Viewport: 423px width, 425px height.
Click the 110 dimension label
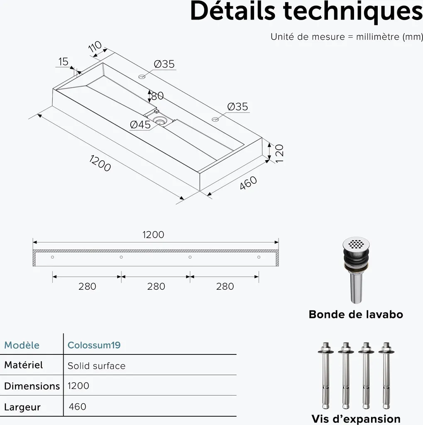95,46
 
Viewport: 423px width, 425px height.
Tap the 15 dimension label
63,62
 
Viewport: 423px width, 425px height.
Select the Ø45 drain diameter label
140,125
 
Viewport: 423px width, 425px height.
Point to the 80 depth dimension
157,96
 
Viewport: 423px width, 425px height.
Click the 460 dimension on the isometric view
248,183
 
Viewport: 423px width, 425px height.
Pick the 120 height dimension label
279,154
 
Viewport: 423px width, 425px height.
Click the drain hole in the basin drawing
159,120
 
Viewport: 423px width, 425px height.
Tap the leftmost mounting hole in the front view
52,257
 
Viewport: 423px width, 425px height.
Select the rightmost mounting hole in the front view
259,257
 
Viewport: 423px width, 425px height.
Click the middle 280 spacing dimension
156,286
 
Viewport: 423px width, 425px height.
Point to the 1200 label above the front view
153,234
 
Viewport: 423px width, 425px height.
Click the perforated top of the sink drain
356,243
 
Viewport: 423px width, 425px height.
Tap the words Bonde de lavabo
356,315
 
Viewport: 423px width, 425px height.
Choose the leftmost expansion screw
325,375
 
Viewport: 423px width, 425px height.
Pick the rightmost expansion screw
386,375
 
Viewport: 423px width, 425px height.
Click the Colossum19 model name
94,345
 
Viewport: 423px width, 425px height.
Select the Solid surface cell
97,366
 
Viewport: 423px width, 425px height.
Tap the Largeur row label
22,407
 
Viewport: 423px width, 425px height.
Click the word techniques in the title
353,11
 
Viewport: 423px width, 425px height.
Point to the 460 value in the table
78,407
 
